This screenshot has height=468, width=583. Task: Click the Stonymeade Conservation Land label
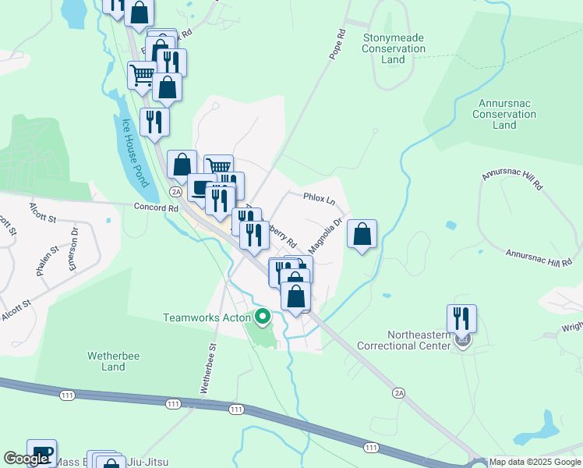[394, 48]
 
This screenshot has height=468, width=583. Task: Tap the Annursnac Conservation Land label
[504, 114]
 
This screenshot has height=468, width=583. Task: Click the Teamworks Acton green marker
[263, 317]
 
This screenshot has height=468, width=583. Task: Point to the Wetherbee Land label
[106, 361]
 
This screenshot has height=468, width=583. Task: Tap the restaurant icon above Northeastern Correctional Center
[461, 318]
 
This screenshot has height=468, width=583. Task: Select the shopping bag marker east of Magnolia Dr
[362, 233]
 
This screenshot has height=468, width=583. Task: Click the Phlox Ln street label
[319, 199]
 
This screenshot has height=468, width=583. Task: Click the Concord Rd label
[150, 207]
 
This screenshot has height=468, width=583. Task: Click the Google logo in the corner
[26, 459]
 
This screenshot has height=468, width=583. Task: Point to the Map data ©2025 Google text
[535, 462]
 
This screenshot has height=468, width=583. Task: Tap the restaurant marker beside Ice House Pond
[154, 122]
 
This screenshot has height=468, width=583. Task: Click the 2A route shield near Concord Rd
[176, 192]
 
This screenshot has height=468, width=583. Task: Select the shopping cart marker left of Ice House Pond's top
[142, 75]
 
